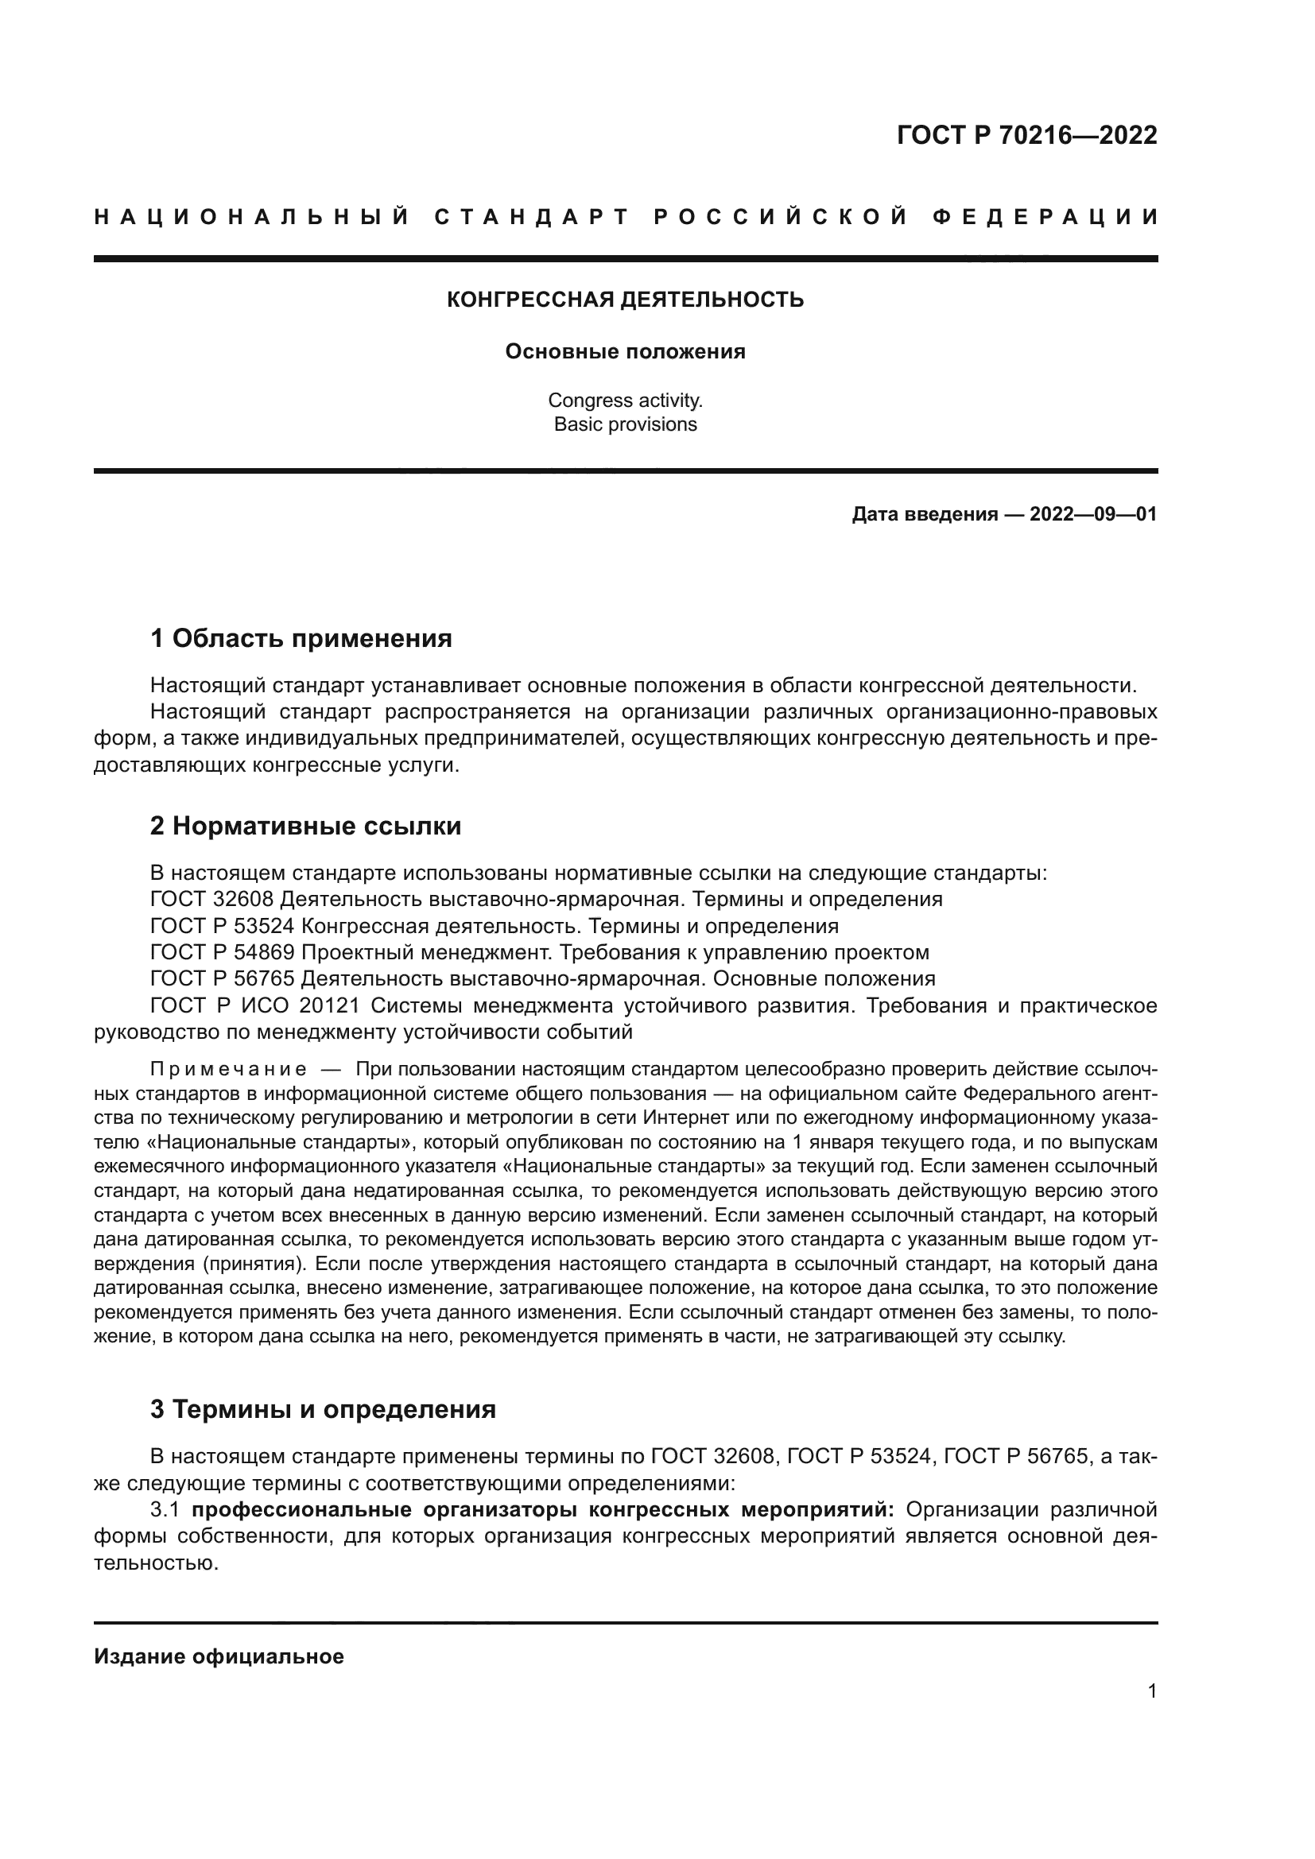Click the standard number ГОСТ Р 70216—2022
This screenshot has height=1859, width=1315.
point(1026,135)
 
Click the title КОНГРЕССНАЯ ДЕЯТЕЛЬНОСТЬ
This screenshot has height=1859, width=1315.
point(625,300)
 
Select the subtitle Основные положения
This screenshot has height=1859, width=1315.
point(625,352)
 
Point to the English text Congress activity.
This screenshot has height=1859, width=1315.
point(625,400)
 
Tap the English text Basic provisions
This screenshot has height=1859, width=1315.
point(625,424)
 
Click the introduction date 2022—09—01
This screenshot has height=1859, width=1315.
point(1092,514)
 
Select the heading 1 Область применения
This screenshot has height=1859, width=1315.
point(301,639)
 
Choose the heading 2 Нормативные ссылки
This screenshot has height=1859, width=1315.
point(305,827)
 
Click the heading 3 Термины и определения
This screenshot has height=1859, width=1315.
point(322,1410)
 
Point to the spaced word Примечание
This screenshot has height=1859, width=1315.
point(228,1071)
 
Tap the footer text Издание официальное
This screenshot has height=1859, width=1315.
point(219,1656)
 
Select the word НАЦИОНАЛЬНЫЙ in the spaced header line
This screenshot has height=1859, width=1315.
point(252,218)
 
